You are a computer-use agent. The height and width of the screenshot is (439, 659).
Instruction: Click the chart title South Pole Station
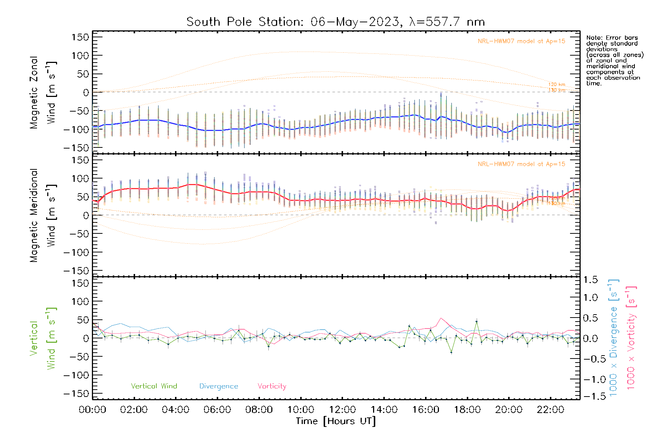coord(335,22)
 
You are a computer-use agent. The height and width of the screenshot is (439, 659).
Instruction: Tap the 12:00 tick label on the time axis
coord(342,410)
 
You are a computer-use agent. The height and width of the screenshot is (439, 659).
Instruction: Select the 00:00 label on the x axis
coord(92,410)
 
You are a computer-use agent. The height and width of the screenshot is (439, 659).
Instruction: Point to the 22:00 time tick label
coord(550,410)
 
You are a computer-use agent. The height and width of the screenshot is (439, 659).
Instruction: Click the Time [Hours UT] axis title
coord(336,421)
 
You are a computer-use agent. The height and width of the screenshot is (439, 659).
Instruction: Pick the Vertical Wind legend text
coord(154,386)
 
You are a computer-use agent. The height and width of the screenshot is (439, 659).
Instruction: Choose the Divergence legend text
coord(219,386)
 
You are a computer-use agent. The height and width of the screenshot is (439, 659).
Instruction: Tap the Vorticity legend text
coord(272,386)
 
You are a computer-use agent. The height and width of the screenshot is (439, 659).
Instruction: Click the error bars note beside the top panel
coord(614,60)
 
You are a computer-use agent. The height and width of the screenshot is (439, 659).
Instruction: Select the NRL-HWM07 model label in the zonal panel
coord(521,41)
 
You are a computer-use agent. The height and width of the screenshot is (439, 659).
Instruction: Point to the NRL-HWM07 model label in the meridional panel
coord(521,164)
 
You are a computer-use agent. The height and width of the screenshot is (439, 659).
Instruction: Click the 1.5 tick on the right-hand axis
coord(591,280)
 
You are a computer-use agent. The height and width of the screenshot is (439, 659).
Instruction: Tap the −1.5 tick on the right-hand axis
coord(591,396)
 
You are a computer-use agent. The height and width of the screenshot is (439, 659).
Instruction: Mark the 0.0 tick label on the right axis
coord(591,338)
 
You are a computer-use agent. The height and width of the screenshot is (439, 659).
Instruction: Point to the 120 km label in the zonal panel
coord(556,85)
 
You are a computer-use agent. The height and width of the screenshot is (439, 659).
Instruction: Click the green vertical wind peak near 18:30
coord(476,322)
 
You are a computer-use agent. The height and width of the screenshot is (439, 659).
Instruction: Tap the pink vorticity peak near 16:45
coord(441,318)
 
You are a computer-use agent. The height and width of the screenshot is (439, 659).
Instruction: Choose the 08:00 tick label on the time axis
coord(259,410)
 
